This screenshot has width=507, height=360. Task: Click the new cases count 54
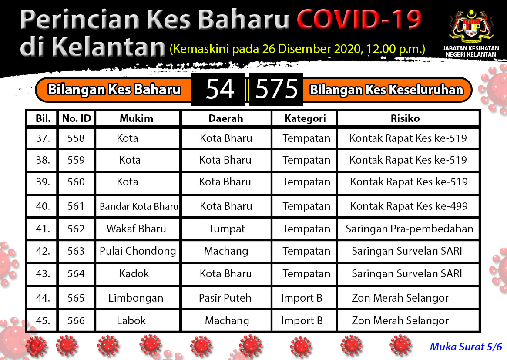pyautogui.click(x=220, y=89)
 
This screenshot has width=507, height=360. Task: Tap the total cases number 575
pyautogui.click(x=276, y=89)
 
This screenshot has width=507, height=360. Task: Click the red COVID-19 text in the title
pyautogui.click(x=359, y=20)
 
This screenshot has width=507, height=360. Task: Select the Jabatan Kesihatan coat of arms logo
pyautogui.click(x=471, y=27)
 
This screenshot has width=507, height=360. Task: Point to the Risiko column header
pyautogui.click(x=405, y=118)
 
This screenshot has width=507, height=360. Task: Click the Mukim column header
pyautogui.click(x=137, y=118)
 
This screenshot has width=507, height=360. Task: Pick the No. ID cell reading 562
pyautogui.click(x=76, y=229)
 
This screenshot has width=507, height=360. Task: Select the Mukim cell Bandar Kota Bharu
pyautogui.click(x=139, y=206)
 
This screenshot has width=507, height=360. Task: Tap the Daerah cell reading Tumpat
pyautogui.click(x=226, y=229)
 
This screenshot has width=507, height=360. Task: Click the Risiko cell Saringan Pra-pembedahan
pyautogui.click(x=410, y=229)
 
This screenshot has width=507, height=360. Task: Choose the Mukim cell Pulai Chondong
pyautogui.click(x=138, y=251)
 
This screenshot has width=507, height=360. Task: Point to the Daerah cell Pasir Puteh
pyautogui.click(x=225, y=298)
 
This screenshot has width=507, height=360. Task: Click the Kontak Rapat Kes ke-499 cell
pyautogui.click(x=409, y=206)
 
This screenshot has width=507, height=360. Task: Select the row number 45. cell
pyautogui.click(x=43, y=320)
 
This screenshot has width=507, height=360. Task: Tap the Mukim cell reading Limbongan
pyautogui.click(x=136, y=298)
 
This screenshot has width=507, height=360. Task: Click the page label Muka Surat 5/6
pyautogui.click(x=466, y=347)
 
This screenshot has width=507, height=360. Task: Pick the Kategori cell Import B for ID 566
pyautogui.click(x=302, y=320)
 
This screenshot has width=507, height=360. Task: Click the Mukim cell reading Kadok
pyautogui.click(x=134, y=274)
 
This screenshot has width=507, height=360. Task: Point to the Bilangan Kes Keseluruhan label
pyautogui.click(x=386, y=90)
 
